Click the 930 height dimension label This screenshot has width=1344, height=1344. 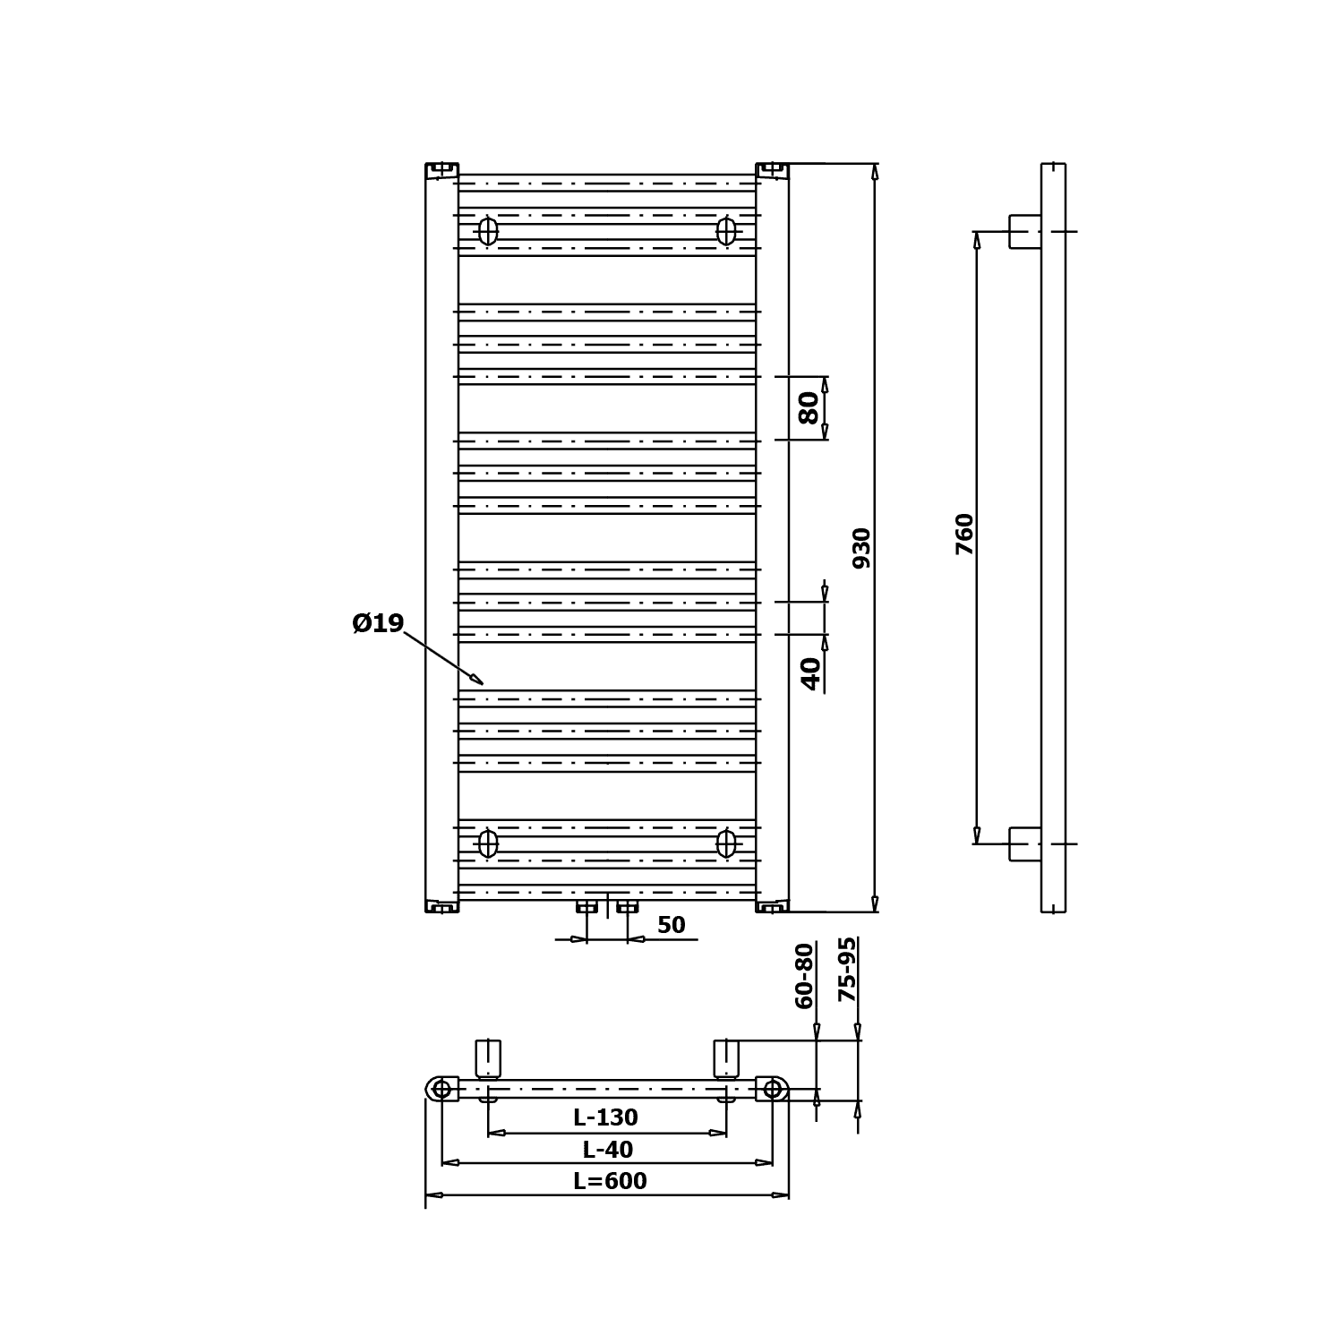pos(861,548)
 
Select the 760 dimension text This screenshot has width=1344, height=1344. pos(964,534)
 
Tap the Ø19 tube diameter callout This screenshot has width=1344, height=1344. pos(378,623)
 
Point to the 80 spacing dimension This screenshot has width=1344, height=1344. pos(809,407)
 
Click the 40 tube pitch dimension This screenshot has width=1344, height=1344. pos(811,673)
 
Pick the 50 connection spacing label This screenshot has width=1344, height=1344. pos(671,925)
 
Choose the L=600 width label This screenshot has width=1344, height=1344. pos(610,1181)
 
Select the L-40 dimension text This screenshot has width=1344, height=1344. pos(608,1150)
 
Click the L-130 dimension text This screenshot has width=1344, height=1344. pos(606,1117)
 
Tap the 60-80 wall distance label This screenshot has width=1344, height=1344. pos(805,976)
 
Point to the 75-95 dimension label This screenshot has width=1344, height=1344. pos(846,970)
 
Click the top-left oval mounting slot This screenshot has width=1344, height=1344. pos(487,231)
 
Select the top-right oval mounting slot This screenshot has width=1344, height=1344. pos(726,231)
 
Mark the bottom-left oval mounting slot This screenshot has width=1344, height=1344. pos(487,843)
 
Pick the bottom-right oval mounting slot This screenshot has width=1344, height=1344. pos(726,843)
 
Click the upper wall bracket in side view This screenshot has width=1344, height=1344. pos(1025,231)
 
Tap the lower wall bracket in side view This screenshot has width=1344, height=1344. pos(1025,843)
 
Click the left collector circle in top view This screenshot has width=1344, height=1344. pos(441,1089)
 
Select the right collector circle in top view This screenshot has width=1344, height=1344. pos(772,1089)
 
